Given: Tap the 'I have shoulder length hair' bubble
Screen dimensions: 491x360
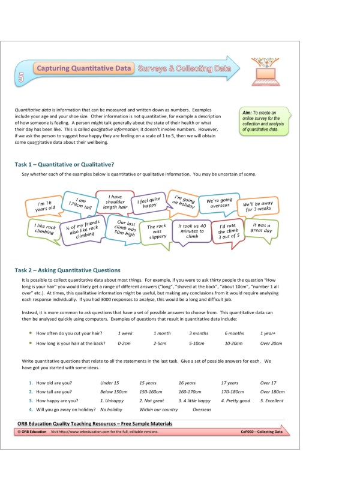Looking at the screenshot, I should pyautogui.click(x=115, y=202).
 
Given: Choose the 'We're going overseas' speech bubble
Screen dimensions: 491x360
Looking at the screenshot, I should pyautogui.click(x=220, y=204).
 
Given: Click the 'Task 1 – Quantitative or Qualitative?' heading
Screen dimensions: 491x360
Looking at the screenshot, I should pyautogui.click(x=64, y=165).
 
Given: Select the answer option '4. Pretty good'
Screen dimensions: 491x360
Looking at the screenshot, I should pyautogui.click(x=236, y=400).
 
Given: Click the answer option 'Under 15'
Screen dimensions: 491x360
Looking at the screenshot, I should pyautogui.click(x=110, y=382).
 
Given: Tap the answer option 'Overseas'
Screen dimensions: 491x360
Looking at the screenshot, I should pyautogui.click(x=202, y=409).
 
